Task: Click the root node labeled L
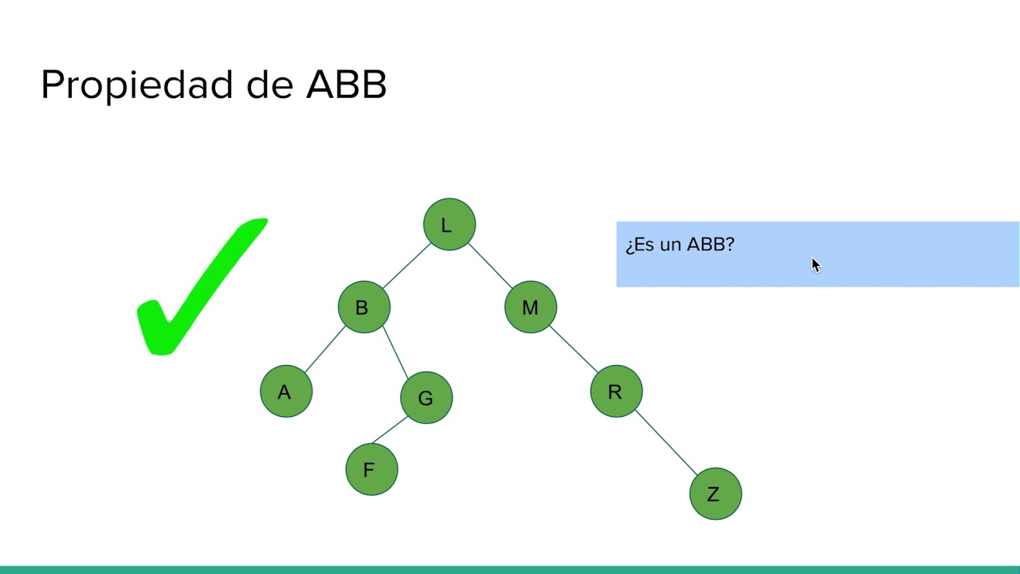point(449,225)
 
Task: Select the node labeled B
point(364,307)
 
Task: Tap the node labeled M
point(531,307)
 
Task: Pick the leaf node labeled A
point(286,391)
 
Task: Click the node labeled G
point(426,397)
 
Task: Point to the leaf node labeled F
point(371,470)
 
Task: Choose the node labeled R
point(616,391)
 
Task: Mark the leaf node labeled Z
point(716,494)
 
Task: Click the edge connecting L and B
point(406,265)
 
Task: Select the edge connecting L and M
point(490,265)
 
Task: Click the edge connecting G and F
point(390,431)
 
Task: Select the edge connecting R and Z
point(666,443)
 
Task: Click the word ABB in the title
point(347,85)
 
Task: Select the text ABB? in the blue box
point(711,245)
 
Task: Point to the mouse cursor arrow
point(815,265)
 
